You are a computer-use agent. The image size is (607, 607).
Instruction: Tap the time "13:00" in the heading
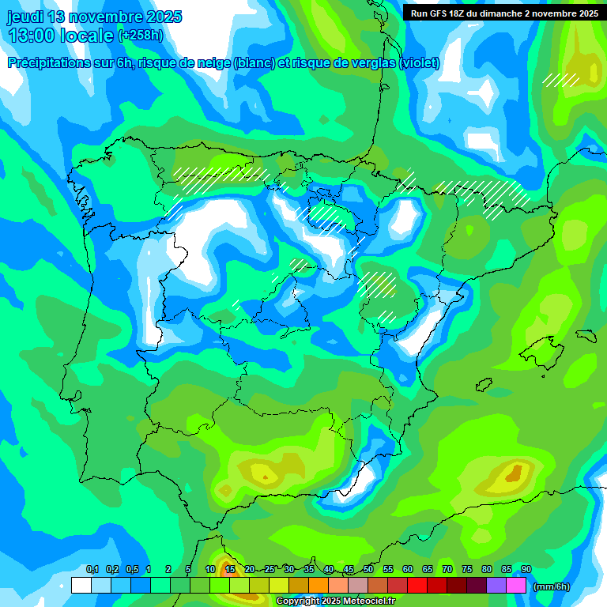pyautogui.click(x=32, y=36)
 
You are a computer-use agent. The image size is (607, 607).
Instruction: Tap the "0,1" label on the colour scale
pyautogui.click(x=92, y=569)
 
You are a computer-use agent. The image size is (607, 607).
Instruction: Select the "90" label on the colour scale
pyautogui.click(x=526, y=569)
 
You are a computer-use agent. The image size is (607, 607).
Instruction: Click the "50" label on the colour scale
pyautogui.click(x=368, y=569)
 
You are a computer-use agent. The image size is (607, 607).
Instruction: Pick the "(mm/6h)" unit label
pyautogui.click(x=552, y=586)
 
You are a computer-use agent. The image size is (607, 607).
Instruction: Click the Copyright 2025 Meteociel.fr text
pyautogui.click(x=335, y=601)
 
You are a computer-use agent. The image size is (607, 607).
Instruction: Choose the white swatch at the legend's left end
pyautogui.click(x=81, y=586)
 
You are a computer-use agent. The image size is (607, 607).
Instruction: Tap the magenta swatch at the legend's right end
pyautogui.click(x=515, y=586)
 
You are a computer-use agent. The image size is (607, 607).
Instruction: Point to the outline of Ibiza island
pyautogui.click(x=482, y=383)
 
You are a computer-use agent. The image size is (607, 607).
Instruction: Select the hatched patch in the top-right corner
pyautogui.click(x=561, y=80)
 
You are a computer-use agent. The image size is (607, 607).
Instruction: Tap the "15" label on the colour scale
pyautogui.click(x=230, y=569)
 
